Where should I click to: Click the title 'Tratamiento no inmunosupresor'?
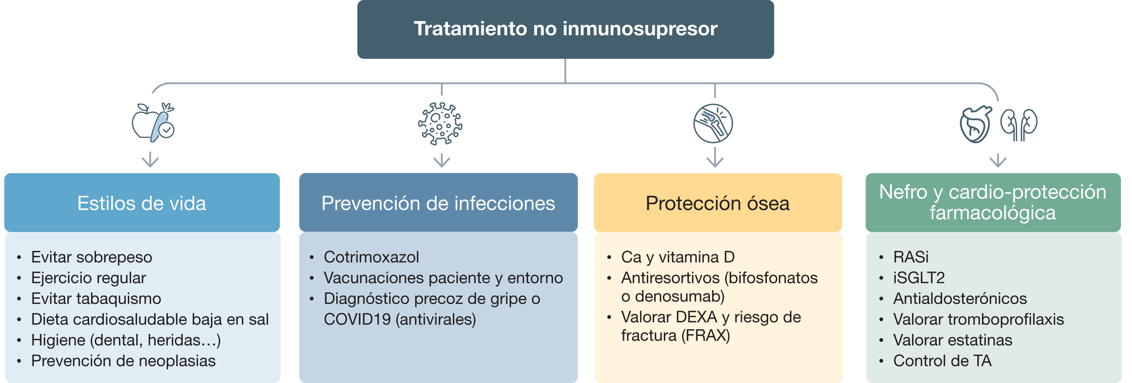565,29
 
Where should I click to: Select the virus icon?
440,124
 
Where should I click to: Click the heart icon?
976,124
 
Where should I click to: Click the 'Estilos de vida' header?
142,203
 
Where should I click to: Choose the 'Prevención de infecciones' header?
438,203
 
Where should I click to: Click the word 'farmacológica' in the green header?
992,213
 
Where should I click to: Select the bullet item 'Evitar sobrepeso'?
91,257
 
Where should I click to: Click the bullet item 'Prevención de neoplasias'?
123,361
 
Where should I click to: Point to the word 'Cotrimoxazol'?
371,257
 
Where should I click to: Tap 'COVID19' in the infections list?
357,319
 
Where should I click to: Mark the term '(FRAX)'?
706,336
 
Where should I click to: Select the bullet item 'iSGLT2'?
918,278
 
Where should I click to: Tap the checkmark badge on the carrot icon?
166,130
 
